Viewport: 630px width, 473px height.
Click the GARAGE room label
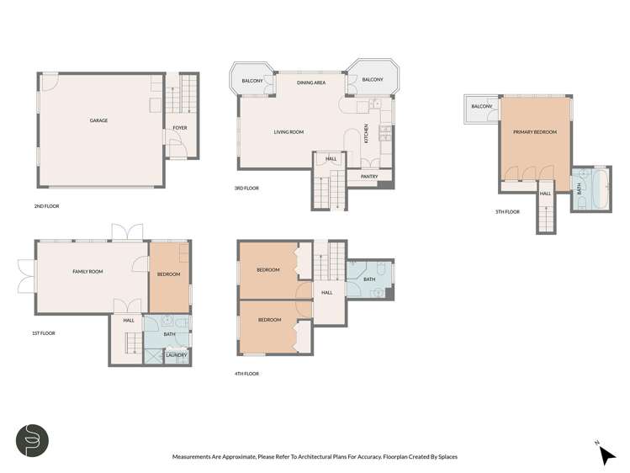(98, 120)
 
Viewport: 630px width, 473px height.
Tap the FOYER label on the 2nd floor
(179, 128)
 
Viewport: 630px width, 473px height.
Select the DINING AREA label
(311, 82)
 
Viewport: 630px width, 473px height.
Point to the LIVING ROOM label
(289, 132)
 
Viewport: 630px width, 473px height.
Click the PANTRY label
(368, 177)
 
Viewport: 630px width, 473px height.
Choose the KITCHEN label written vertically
(366, 133)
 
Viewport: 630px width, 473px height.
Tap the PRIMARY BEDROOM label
(535, 131)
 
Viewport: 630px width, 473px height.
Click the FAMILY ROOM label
(87, 271)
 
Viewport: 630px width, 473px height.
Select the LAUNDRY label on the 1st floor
(176, 355)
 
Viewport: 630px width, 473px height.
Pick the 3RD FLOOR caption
(246, 189)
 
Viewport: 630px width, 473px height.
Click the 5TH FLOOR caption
(508, 211)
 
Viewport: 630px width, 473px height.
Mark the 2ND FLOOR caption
(46, 205)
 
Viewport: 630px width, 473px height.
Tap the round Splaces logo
(32, 440)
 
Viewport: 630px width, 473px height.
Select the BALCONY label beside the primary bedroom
(481, 107)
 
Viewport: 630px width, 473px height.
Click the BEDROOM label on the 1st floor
(168, 274)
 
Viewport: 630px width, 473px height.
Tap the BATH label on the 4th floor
(368, 279)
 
